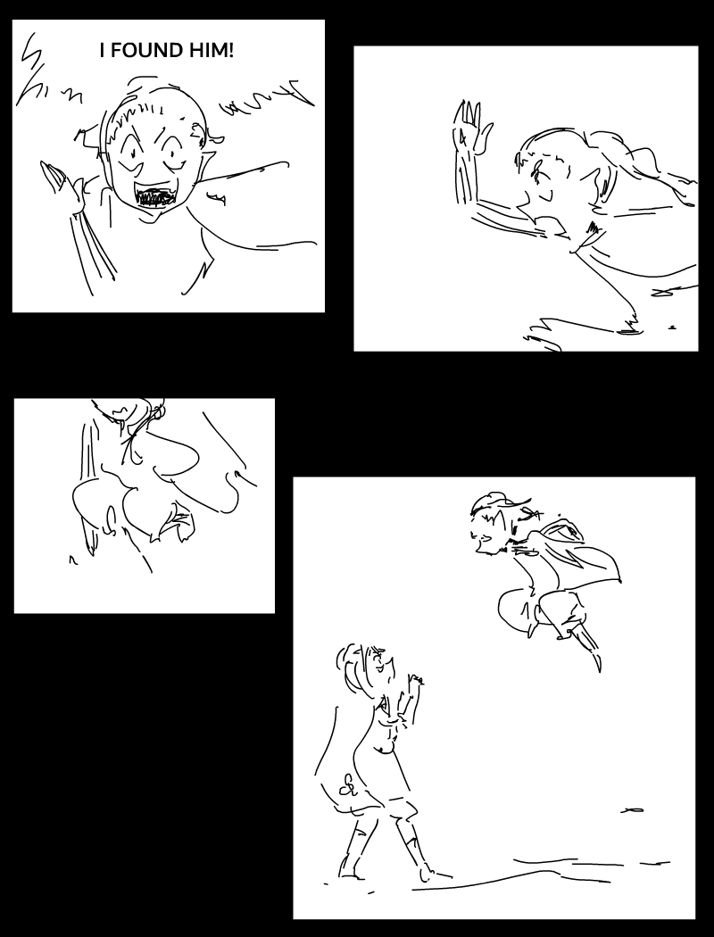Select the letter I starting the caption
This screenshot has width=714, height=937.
tap(102, 51)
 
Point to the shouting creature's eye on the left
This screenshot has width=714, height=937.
tap(130, 154)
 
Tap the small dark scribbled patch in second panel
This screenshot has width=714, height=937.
tap(594, 228)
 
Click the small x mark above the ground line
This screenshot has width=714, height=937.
tap(632, 809)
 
